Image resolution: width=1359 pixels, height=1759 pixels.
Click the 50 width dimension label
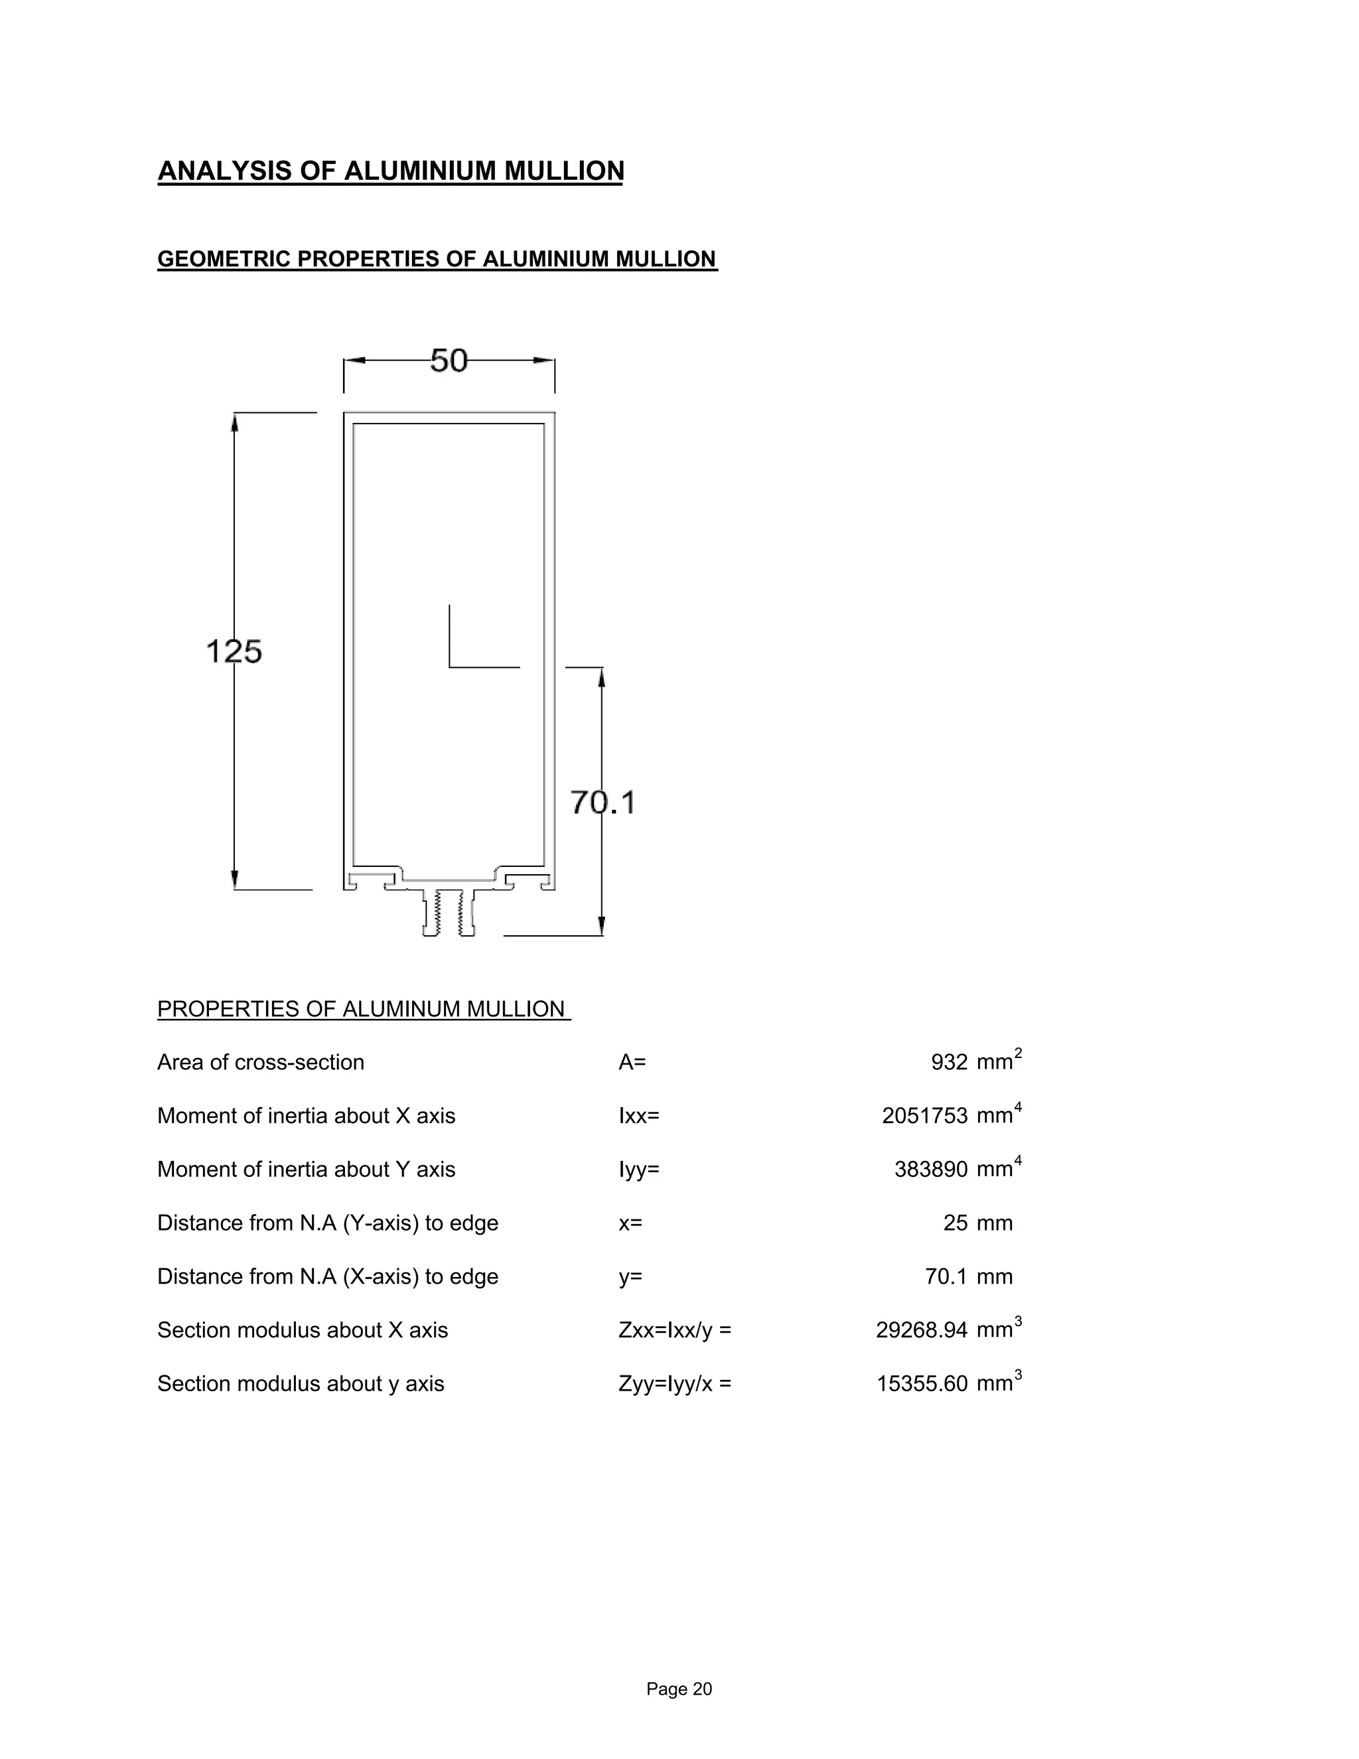pyautogui.click(x=449, y=361)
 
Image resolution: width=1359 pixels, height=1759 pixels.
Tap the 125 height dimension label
pyautogui.click(x=234, y=650)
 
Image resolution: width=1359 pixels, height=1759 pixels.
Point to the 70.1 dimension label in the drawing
pyautogui.click(x=603, y=803)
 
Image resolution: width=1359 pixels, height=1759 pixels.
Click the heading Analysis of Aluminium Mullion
pyautogui.click(x=390, y=171)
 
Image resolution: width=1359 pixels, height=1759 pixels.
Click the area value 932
pyautogui.click(x=948, y=1062)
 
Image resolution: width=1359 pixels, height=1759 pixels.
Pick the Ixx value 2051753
pyautogui.click(x=924, y=1116)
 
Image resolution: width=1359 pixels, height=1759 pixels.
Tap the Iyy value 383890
pyautogui.click(x=931, y=1170)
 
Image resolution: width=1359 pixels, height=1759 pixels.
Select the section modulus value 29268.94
pyautogui.click(x=921, y=1330)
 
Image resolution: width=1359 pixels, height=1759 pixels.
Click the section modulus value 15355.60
pyautogui.click(x=921, y=1384)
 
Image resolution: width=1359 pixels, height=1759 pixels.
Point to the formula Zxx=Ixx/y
pyautogui.click(x=675, y=1330)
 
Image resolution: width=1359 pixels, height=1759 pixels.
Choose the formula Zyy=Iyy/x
pyautogui.click(x=675, y=1384)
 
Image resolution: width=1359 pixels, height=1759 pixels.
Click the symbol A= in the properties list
pyautogui.click(x=632, y=1062)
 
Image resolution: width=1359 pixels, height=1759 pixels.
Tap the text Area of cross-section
pyautogui.click(x=260, y=1062)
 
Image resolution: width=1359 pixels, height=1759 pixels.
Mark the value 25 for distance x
pyautogui.click(x=955, y=1223)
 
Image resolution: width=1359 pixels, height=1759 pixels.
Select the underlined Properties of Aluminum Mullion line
pyautogui.click(x=363, y=1009)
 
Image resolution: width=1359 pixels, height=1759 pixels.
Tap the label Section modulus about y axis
pyautogui.click(x=301, y=1384)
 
